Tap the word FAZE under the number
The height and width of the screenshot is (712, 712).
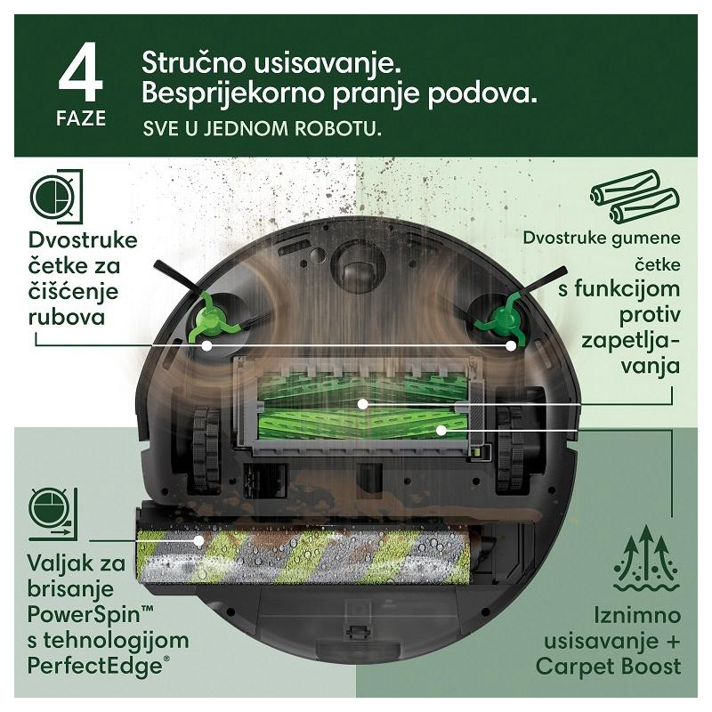point(81,118)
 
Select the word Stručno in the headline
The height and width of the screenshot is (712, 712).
point(194,62)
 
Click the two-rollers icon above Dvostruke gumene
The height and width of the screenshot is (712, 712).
point(635,197)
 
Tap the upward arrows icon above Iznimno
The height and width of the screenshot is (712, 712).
point(647,558)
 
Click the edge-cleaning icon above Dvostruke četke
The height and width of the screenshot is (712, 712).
point(57,197)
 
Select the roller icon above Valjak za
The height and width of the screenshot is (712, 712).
point(53,514)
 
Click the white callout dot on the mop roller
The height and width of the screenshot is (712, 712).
point(198,540)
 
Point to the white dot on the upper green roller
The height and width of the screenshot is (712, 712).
point(362,403)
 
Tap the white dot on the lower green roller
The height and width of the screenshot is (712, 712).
point(440,430)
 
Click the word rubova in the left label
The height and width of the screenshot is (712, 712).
point(67,317)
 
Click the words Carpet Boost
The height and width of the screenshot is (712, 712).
point(609,666)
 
